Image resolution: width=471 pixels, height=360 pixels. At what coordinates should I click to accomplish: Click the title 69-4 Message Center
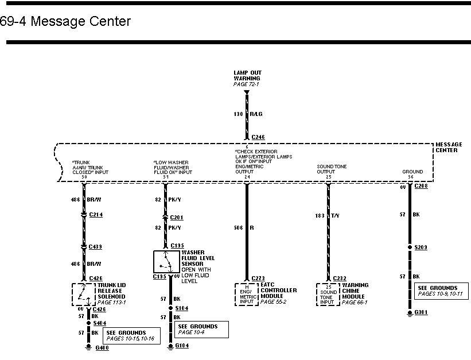(66, 22)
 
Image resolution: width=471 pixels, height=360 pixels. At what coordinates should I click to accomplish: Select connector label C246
(258, 137)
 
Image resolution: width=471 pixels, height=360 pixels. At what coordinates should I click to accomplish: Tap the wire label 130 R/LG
(247, 114)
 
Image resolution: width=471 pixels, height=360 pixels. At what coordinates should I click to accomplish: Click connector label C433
(95, 246)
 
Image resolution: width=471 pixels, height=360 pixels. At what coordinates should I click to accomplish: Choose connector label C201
(176, 218)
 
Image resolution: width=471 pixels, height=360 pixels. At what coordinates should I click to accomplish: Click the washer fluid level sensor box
(166, 262)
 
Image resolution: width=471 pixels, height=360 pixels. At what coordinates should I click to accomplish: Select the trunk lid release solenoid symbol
(84, 294)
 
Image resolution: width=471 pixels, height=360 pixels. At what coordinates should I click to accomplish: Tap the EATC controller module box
(247, 293)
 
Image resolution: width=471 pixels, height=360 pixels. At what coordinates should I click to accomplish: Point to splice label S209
(422, 247)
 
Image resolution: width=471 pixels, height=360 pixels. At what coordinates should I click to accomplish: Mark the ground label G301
(422, 313)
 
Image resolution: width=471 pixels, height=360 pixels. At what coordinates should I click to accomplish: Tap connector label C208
(421, 187)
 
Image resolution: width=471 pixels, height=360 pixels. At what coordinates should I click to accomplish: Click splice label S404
(99, 324)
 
